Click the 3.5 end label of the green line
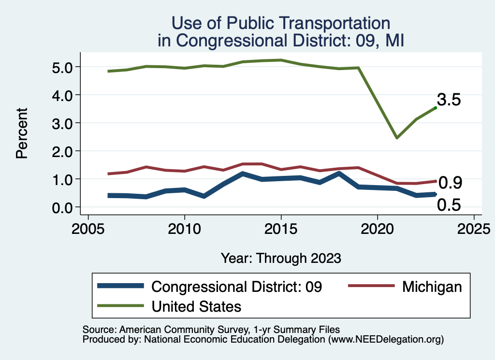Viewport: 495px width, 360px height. (x=449, y=100)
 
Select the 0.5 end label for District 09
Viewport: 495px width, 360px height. (x=449, y=205)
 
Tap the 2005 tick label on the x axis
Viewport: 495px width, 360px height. (x=88, y=228)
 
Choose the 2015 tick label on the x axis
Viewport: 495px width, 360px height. (x=281, y=228)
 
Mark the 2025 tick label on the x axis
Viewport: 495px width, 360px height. (x=474, y=228)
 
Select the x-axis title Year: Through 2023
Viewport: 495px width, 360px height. (x=281, y=258)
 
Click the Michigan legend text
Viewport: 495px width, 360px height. (x=432, y=287)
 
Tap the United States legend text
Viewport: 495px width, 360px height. (x=196, y=306)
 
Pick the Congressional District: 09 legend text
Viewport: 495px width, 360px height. (x=237, y=287)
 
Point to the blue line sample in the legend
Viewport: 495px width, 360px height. (x=121, y=286)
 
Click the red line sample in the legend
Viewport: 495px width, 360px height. (x=370, y=286)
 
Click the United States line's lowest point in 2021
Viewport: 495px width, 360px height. (x=397, y=138)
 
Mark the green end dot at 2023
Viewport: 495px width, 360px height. (x=436, y=108)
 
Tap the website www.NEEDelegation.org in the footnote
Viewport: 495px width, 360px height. (x=386, y=339)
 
